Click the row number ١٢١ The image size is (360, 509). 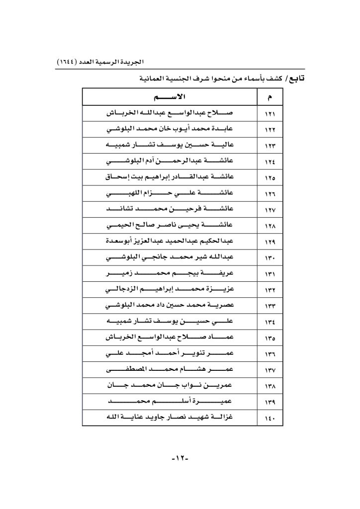[271, 114]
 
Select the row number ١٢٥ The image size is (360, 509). [271, 177]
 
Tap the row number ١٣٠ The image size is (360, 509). [271, 258]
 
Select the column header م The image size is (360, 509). [271, 95]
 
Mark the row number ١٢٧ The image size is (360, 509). [271, 210]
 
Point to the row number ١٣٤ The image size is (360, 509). [271, 323]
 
